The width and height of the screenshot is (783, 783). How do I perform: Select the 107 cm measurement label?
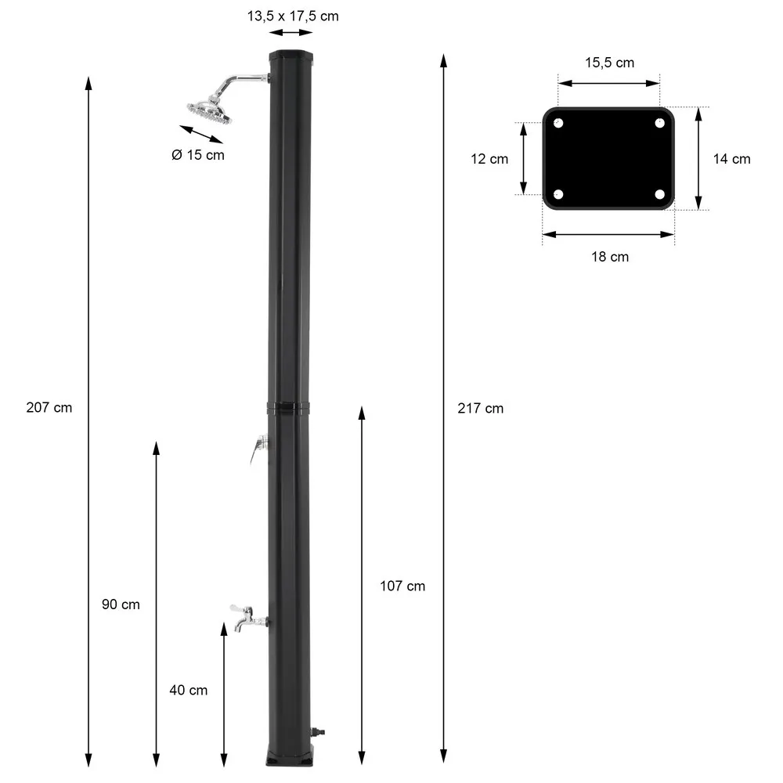(x=402, y=586)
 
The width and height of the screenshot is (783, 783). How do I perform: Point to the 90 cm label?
(x=121, y=604)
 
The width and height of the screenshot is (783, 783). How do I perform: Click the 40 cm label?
(x=189, y=690)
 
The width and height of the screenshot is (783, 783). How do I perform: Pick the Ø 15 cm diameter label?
(x=197, y=155)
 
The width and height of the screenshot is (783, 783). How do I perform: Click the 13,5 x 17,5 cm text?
(x=292, y=16)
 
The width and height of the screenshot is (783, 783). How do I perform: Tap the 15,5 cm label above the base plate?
(x=609, y=63)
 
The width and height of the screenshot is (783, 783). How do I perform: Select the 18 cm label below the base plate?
(x=609, y=256)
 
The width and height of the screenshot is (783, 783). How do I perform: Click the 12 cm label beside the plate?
(x=489, y=159)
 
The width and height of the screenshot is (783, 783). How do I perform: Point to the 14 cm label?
(x=731, y=159)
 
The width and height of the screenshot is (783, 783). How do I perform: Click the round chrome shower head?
(x=210, y=110)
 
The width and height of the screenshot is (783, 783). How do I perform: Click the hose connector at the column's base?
(x=318, y=734)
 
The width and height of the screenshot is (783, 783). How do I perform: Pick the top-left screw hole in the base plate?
(x=558, y=123)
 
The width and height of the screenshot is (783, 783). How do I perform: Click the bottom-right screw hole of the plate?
(x=659, y=194)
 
